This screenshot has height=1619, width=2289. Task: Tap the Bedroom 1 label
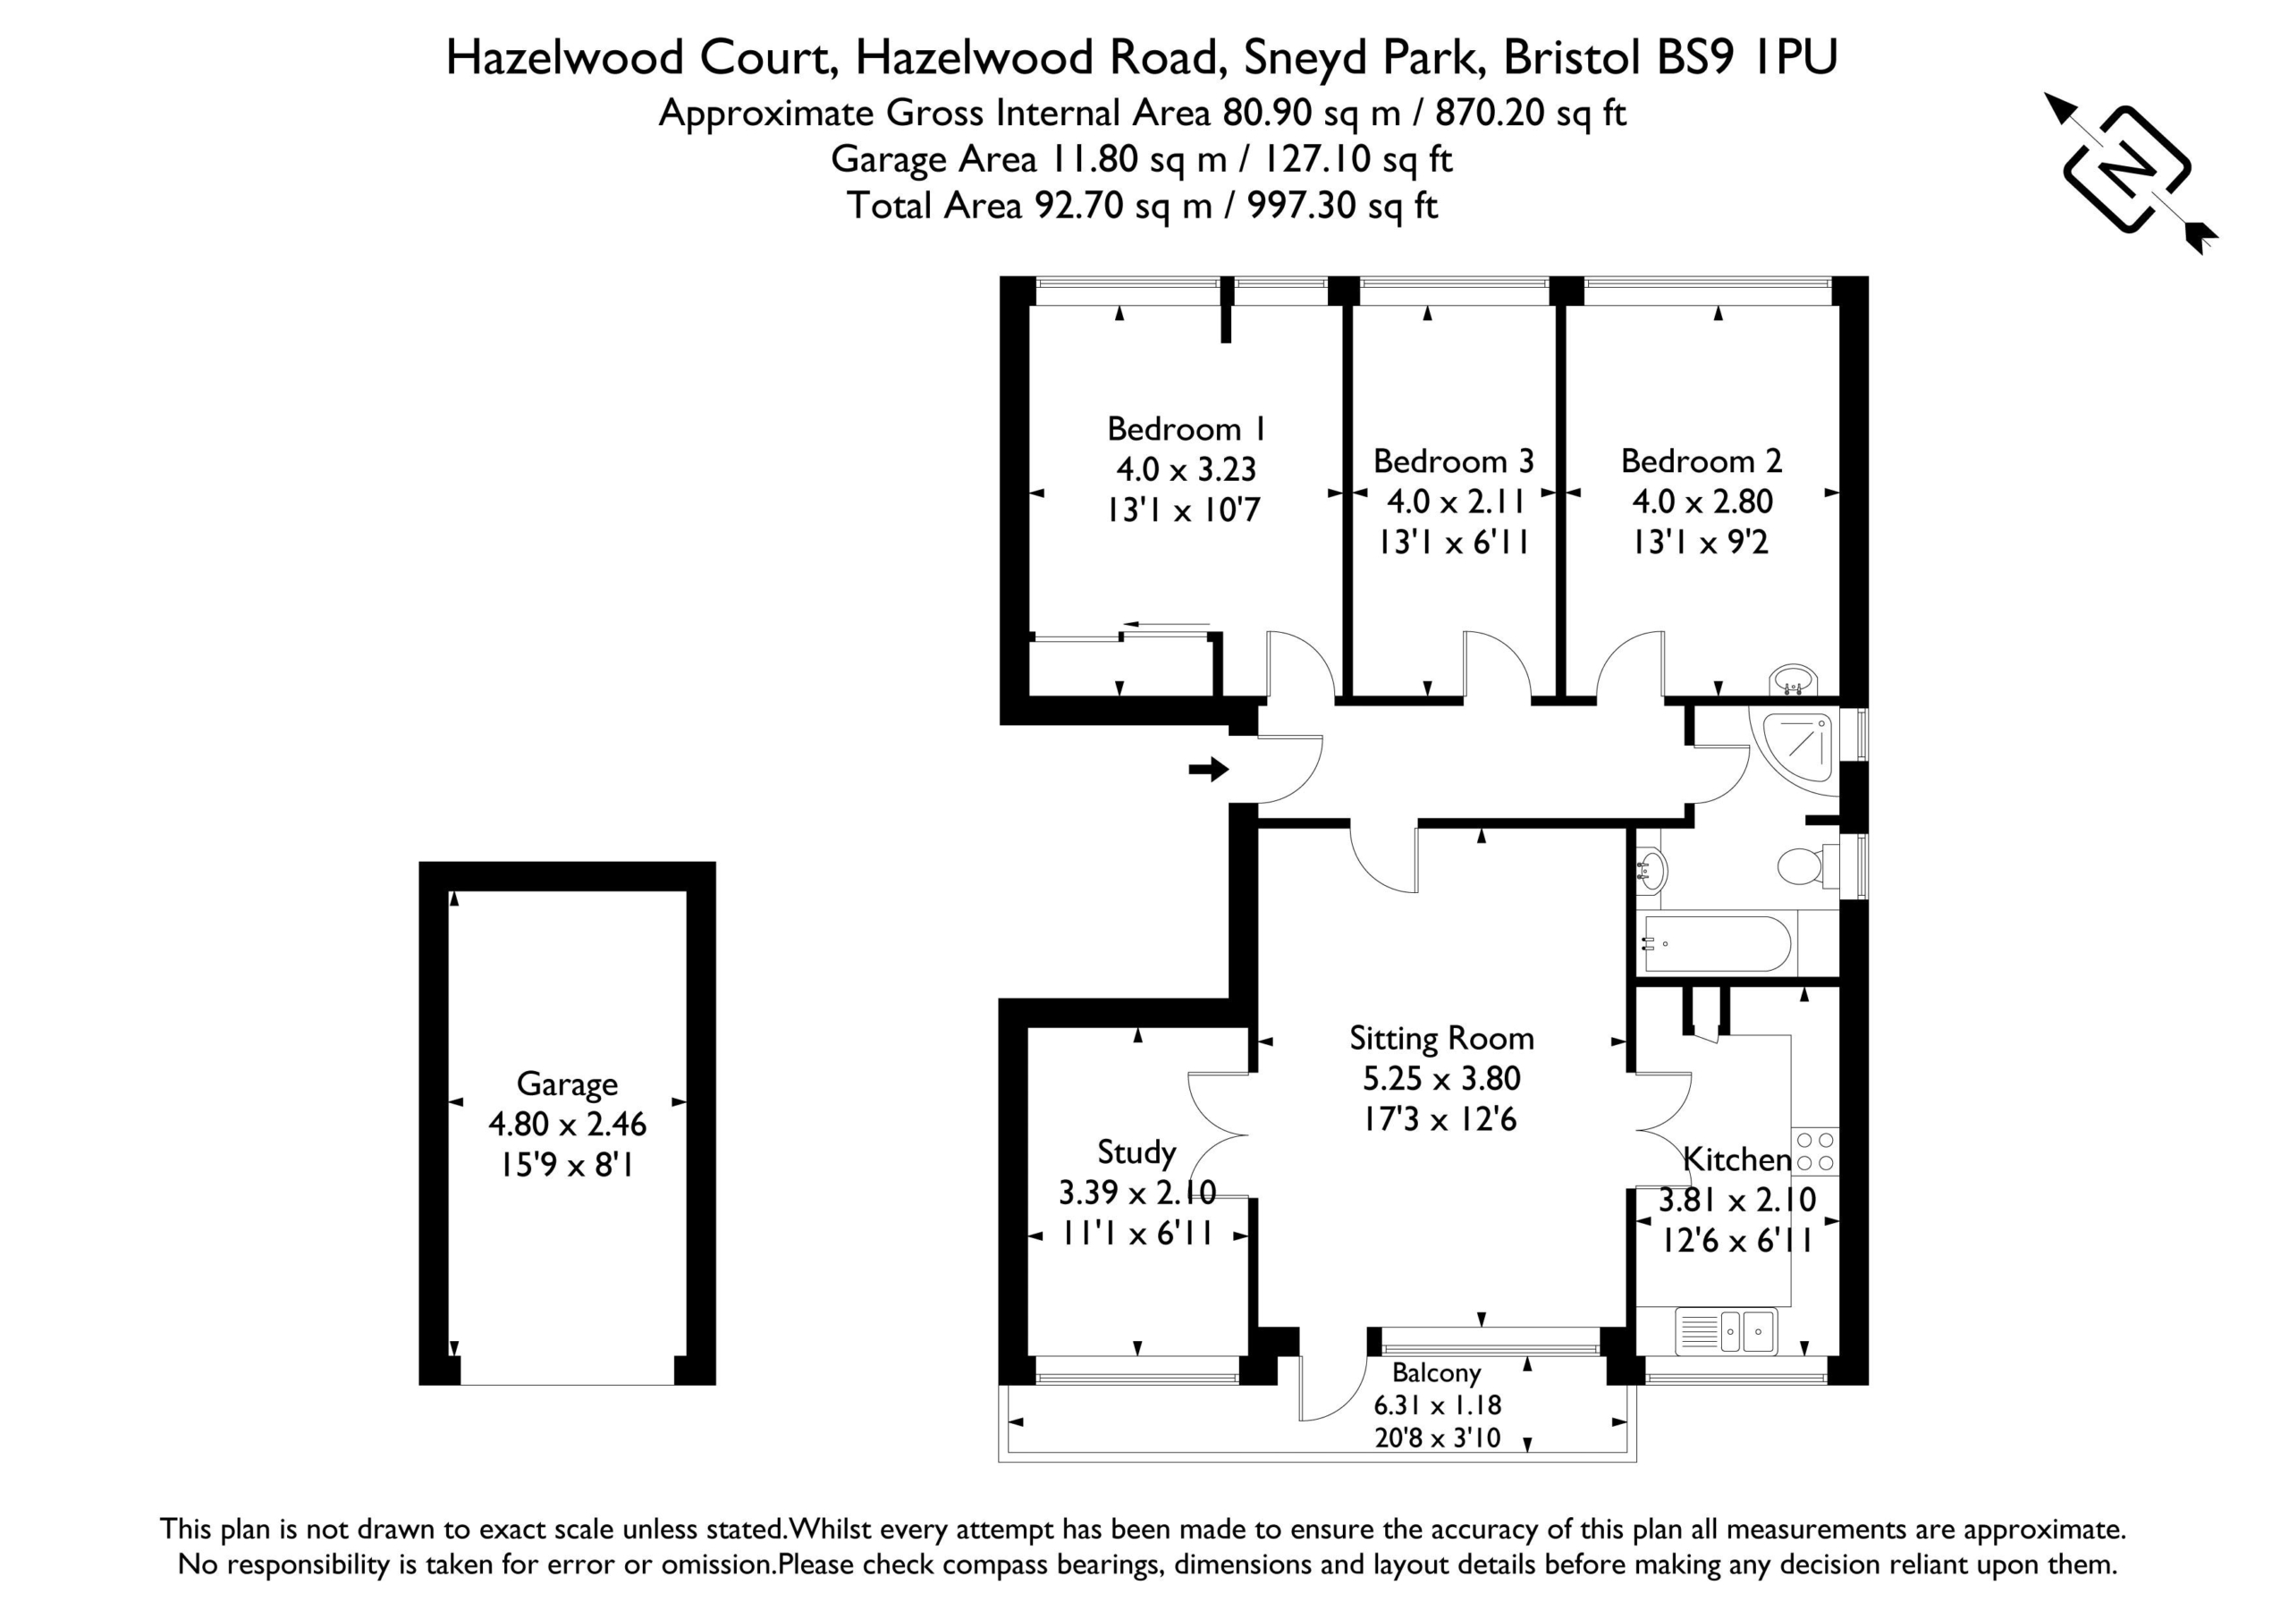point(1187,429)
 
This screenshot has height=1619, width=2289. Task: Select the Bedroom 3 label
point(1454,460)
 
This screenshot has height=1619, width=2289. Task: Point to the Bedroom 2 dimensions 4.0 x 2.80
point(1702,502)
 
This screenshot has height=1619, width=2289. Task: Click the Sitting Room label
point(1441,1039)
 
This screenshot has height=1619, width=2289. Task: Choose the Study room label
point(1136,1152)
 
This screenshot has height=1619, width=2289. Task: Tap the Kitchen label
point(1736,1159)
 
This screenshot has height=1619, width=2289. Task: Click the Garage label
point(566,1084)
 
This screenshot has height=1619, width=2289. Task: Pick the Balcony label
point(1437,1374)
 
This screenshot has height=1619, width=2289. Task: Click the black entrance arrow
point(1208,769)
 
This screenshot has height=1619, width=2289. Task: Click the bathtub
point(1717,944)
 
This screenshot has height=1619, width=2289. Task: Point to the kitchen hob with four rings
point(1815,1151)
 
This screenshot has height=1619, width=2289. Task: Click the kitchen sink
point(1726,1330)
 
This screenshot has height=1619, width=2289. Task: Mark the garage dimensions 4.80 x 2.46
point(567,1125)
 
